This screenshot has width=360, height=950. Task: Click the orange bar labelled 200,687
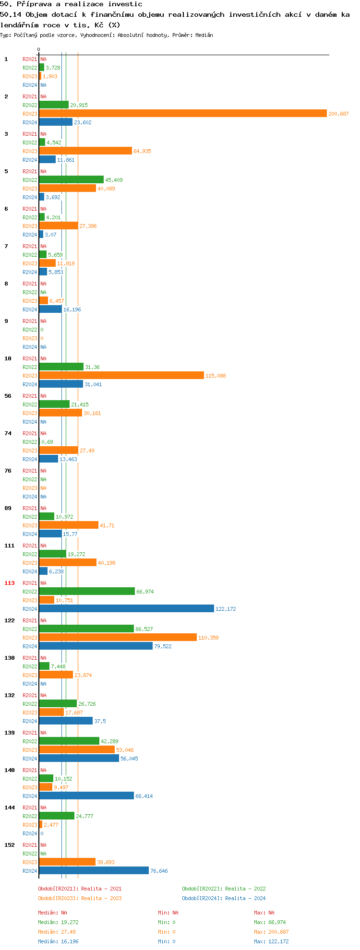point(182,114)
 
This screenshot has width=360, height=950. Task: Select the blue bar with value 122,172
point(126,609)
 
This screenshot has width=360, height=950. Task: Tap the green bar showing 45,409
point(71,180)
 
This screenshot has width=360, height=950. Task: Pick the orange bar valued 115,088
point(121,376)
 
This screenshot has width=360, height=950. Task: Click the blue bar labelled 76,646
point(94,871)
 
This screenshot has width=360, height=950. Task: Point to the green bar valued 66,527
point(86,629)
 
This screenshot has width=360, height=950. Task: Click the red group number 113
point(10,583)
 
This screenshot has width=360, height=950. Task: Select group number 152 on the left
point(10,845)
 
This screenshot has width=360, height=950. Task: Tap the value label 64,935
point(142,151)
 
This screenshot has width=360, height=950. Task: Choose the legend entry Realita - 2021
point(80,889)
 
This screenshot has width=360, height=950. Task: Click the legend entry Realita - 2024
point(224,898)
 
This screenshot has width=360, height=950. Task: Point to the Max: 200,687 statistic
point(271,932)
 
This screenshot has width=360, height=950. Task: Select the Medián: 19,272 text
point(58,922)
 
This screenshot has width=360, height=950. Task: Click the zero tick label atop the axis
point(39,49)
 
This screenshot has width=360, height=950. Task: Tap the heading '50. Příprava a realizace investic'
point(71,4)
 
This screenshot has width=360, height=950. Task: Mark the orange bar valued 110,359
point(118,638)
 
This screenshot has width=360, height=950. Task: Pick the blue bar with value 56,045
point(79,759)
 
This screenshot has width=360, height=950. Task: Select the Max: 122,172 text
point(271,941)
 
